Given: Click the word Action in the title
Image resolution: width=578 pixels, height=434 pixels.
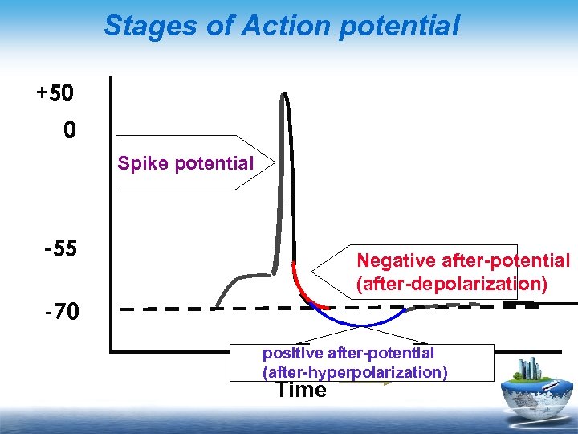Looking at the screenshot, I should pyautogui.click(x=268, y=26).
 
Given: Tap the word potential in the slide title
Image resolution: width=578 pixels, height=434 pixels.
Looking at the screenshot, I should pyautogui.click(x=400, y=26).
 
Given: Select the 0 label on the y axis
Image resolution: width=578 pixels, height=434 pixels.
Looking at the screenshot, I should pyautogui.click(x=70, y=129).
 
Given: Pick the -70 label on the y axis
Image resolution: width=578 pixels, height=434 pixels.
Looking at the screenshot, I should pyautogui.click(x=60, y=311).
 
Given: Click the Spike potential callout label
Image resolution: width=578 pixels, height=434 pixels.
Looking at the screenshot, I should pyautogui.click(x=185, y=163).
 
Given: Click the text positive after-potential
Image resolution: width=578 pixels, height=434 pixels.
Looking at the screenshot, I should pyautogui.click(x=348, y=353).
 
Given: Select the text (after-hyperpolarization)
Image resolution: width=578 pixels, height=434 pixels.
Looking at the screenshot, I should pyautogui.click(x=355, y=372).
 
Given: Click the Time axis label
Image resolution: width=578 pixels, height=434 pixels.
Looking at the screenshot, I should pyautogui.click(x=301, y=391).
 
